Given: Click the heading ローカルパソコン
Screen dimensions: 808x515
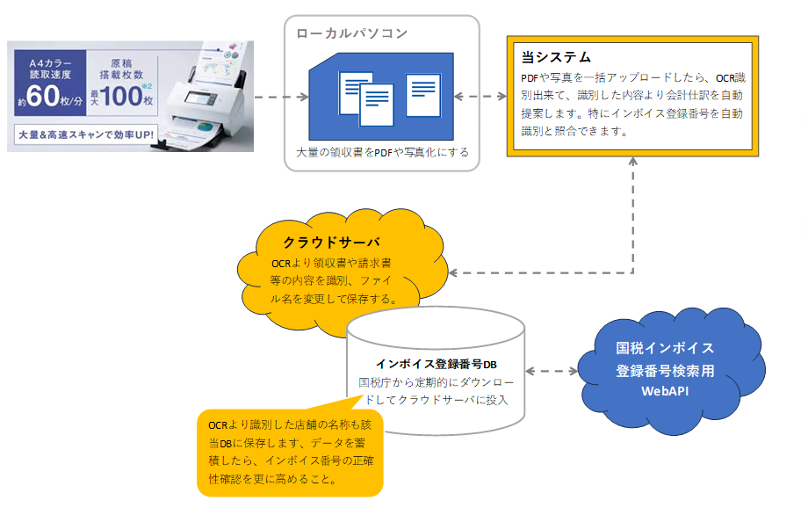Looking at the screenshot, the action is click(352, 33).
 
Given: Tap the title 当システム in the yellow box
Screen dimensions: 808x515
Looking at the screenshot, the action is click(556, 57).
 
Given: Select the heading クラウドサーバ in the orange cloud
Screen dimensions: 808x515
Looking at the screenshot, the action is click(332, 242).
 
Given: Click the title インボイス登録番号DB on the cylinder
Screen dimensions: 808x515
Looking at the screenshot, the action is click(436, 364).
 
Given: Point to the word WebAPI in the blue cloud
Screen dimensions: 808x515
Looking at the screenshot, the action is click(665, 391).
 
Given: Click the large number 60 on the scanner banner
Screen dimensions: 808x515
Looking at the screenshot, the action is click(43, 96).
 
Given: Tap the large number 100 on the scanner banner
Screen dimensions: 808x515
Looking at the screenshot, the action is click(121, 96).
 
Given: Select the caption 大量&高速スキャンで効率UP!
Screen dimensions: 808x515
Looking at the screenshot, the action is click(86, 135).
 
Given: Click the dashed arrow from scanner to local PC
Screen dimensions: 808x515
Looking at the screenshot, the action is click(281, 97).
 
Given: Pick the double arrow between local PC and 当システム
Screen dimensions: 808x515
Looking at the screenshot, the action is click(480, 96).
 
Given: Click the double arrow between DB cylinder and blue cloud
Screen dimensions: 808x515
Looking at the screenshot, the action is click(552, 371).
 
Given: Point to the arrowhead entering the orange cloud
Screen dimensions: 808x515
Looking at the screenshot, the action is click(453, 272).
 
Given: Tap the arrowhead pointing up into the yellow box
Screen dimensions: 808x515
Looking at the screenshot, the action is click(633, 162).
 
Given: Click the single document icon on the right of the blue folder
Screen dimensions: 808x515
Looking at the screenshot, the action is click(423, 96).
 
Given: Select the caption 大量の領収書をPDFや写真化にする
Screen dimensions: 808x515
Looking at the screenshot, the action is click(382, 152).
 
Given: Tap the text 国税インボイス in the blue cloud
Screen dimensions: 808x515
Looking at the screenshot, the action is click(665, 348).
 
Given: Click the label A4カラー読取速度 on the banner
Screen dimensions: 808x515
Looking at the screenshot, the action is click(50, 69).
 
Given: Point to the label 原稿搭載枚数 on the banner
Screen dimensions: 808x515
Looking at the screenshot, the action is click(121, 69).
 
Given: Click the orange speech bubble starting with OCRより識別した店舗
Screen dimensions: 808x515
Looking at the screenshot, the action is click(290, 452).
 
